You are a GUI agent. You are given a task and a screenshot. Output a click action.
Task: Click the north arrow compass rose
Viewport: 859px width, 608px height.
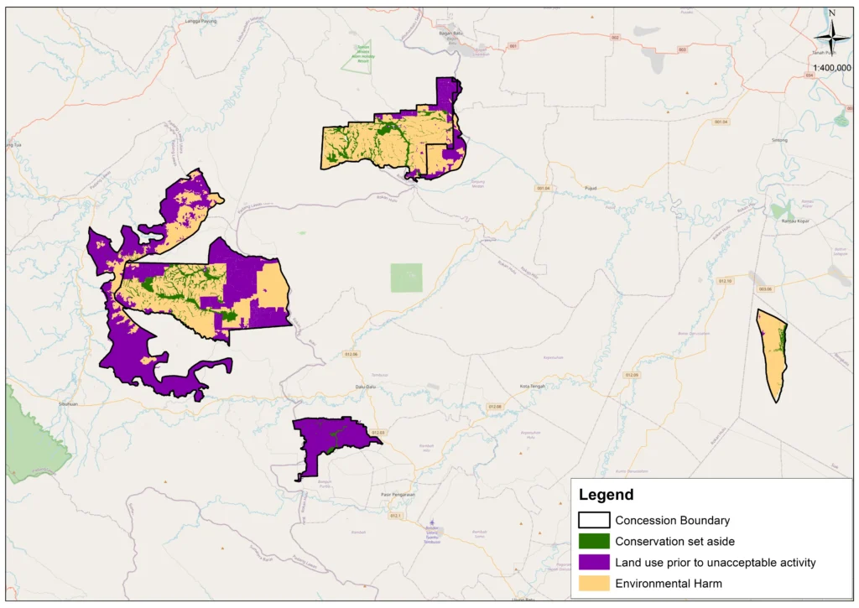[832, 35]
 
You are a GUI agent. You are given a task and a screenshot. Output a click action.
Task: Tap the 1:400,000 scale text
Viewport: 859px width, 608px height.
[831, 68]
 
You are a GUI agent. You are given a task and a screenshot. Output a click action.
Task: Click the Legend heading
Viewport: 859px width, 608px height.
[606, 495]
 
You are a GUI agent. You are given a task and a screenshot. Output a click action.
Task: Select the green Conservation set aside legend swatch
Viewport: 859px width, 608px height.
[594, 542]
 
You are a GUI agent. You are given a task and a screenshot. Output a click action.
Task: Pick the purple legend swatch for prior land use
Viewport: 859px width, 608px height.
[594, 562]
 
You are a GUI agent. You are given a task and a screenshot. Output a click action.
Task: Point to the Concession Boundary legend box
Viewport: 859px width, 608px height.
[594, 521]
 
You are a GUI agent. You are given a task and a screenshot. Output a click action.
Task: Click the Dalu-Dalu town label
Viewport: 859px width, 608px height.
[363, 387]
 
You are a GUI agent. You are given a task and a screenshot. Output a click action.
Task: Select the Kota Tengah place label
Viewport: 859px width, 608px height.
[534, 387]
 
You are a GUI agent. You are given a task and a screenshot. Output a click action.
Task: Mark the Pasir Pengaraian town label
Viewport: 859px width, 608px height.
[398, 495]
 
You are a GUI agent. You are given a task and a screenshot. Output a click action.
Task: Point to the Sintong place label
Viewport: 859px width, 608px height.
[779, 140]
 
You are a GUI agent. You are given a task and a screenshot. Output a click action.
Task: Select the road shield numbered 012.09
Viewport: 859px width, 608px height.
[631, 375]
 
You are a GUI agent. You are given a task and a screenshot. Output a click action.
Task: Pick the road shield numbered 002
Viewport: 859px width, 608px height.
[615, 38]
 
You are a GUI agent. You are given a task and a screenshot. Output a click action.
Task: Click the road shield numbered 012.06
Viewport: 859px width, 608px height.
[351, 355]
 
